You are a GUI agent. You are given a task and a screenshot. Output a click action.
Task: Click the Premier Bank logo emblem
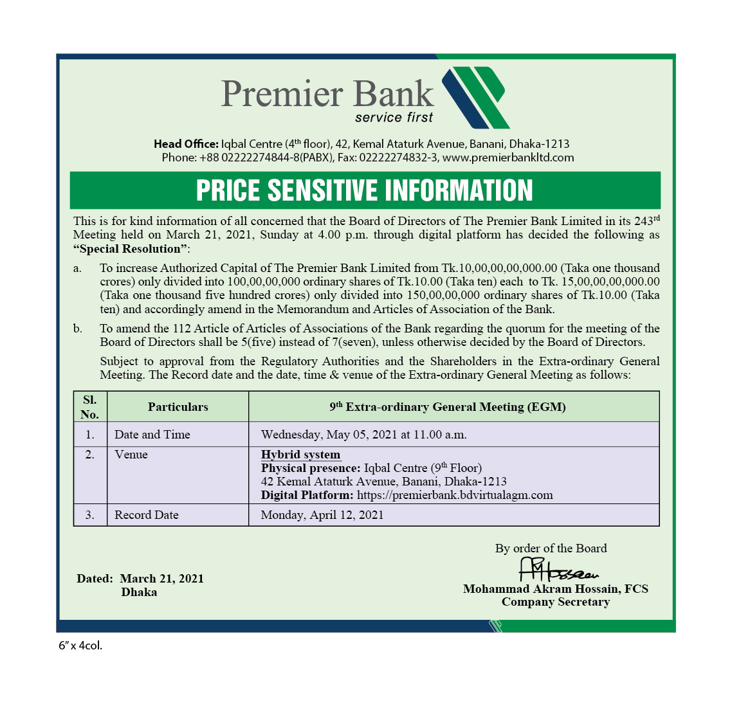click(475, 97)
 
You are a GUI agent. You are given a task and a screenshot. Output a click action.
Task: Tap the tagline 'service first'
click(394, 118)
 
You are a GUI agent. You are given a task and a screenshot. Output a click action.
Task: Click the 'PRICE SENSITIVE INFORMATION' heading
click(365, 190)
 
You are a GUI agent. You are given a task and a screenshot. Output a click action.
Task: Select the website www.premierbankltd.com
click(508, 158)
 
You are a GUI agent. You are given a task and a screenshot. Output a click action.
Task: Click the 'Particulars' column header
click(178, 407)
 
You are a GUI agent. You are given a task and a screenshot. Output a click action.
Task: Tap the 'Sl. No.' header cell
click(90, 407)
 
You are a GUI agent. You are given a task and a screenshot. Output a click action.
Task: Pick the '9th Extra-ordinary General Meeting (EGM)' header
click(448, 407)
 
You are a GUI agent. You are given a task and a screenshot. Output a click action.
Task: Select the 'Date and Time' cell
click(152, 435)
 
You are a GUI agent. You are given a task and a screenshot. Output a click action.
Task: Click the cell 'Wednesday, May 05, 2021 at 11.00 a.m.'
click(364, 435)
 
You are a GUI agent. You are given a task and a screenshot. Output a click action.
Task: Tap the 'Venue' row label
click(131, 455)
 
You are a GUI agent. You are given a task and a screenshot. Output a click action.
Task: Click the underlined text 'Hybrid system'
click(300, 455)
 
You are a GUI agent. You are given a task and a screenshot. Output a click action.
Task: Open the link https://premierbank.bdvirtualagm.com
click(455, 495)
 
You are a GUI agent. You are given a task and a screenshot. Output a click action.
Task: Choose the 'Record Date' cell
click(147, 515)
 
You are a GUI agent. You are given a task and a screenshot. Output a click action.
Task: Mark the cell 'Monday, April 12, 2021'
click(322, 515)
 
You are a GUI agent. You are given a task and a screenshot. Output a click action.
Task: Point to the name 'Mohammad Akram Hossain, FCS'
click(556, 589)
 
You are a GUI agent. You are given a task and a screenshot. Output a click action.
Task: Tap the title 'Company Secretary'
click(556, 602)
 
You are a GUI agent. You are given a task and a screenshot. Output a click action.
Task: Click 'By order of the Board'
click(551, 548)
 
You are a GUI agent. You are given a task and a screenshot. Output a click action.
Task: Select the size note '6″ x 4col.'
click(80, 646)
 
